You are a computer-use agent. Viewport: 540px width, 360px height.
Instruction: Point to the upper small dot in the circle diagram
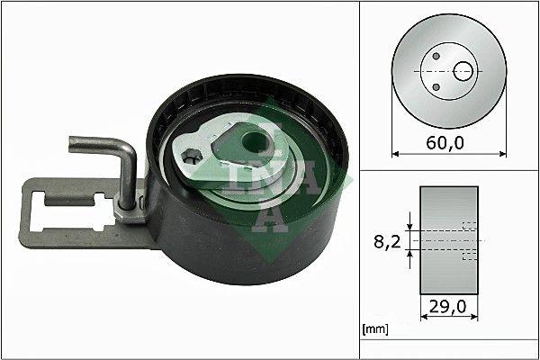tap(436, 56)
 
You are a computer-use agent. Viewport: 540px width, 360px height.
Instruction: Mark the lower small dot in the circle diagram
tap(436, 85)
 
